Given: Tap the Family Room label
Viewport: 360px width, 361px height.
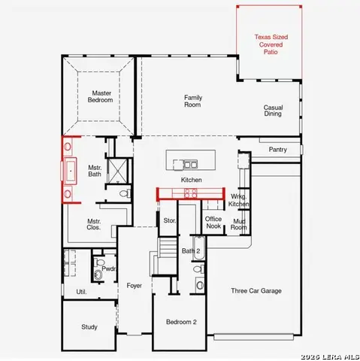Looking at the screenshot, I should click(193, 101).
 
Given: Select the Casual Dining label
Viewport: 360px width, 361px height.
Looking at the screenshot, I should click(273, 111).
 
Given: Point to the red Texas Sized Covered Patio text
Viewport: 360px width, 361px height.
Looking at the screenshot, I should click(271, 44).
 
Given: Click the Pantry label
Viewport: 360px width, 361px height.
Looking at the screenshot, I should click(278, 150).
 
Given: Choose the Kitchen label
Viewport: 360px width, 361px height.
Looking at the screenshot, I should click(192, 180).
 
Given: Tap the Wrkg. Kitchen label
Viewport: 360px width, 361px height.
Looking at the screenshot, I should click(239, 201).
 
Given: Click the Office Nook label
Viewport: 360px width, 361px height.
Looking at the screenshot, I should click(213, 222).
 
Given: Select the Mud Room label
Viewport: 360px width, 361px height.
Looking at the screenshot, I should click(239, 224).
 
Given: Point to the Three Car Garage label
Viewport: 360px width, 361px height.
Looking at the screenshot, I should click(256, 290).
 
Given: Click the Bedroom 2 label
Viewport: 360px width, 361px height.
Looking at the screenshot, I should click(181, 322).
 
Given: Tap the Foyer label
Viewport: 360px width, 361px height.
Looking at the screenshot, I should click(135, 286).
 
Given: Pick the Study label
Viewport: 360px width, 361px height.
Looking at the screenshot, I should click(89, 327).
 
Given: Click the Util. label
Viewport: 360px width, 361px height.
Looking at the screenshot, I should click(81, 292).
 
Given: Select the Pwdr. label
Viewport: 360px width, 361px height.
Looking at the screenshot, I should click(108, 268).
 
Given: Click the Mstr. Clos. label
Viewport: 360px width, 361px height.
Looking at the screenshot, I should click(94, 224).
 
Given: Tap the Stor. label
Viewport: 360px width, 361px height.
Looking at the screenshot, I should click(169, 221).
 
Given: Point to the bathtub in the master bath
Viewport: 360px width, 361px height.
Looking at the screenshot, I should click(72, 171).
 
